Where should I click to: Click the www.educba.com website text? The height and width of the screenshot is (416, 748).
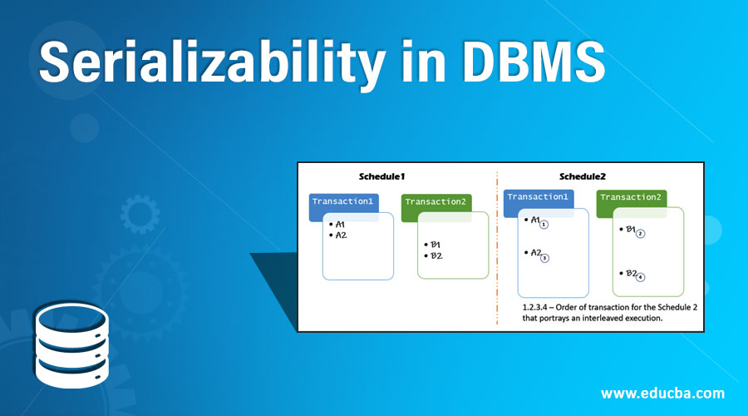click(x=662, y=393)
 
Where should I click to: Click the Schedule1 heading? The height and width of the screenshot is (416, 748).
click(x=381, y=176)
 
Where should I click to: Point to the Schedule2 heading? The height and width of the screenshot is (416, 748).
click(x=582, y=176)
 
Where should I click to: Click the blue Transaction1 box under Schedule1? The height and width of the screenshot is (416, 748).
click(x=344, y=203)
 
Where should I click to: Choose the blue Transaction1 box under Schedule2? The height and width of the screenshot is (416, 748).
click(x=538, y=198)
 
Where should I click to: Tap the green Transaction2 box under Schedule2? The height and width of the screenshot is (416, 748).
click(x=631, y=198)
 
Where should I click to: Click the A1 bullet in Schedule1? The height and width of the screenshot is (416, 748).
click(x=340, y=225)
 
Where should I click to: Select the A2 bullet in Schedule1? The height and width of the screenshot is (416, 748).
click(x=340, y=235)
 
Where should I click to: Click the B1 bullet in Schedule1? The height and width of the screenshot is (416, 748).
click(x=433, y=245)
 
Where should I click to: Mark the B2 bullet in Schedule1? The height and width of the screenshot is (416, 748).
click(x=433, y=255)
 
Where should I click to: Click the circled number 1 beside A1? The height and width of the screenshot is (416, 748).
click(x=544, y=225)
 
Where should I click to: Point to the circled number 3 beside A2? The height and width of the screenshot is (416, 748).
click(x=544, y=258)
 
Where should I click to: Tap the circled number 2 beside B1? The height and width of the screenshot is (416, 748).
click(x=640, y=234)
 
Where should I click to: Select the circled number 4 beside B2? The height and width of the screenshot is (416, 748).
click(x=640, y=277)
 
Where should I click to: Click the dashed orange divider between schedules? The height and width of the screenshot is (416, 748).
click(x=497, y=250)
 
